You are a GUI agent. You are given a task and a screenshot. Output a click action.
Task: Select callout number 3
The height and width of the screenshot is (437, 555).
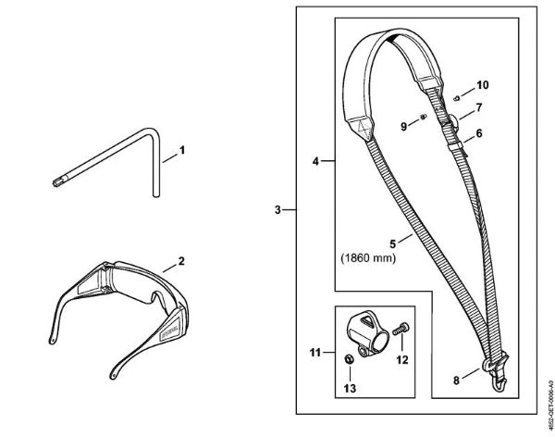[278, 210]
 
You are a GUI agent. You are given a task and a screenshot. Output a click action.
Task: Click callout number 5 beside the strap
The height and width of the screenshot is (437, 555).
[392, 243]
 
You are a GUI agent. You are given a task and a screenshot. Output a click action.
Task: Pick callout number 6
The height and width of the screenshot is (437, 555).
[479, 133]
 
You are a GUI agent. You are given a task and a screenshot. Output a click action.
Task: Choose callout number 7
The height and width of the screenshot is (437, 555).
[479, 108]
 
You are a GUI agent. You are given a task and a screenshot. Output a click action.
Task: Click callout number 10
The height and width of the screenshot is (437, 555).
[481, 85]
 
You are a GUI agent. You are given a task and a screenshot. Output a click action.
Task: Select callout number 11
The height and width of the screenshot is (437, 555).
[314, 352]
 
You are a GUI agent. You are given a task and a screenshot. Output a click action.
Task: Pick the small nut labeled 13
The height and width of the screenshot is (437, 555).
[343, 358]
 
